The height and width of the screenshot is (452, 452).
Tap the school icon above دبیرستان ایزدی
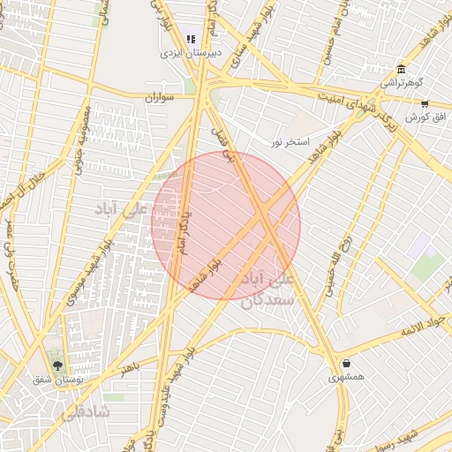tap(191, 39)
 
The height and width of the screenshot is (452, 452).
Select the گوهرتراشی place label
tap(402, 82)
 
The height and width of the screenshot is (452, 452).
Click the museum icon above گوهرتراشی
tap(402, 70)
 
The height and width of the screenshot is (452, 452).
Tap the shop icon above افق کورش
tap(425, 103)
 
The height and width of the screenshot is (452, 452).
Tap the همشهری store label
tap(346, 377)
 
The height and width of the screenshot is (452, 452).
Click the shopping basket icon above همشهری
tap(346, 363)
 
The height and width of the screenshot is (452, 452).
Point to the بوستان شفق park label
tap(56, 379)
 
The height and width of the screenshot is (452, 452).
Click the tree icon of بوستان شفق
tap(58, 365)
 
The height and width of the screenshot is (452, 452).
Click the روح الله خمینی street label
tap(339, 262)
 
